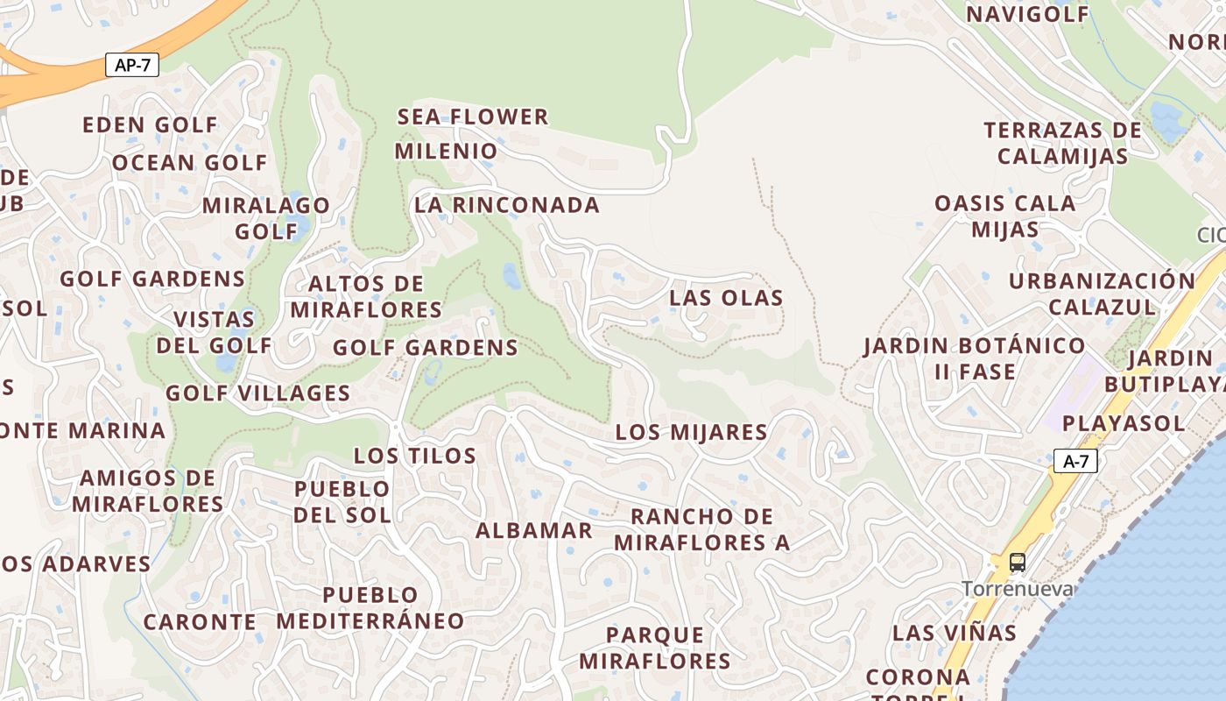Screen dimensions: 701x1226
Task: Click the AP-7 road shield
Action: click(x=132, y=65)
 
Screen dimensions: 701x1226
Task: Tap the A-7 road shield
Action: click(x=1075, y=461)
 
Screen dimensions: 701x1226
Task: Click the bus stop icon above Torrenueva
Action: click(x=1017, y=563)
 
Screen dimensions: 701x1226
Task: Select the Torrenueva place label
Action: click(x=1018, y=589)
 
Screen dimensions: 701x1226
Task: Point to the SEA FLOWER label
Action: click(x=473, y=117)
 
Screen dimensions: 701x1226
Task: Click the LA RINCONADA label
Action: click(x=507, y=205)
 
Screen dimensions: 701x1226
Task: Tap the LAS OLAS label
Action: click(x=726, y=298)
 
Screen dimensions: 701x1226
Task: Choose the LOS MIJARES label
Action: click(x=691, y=432)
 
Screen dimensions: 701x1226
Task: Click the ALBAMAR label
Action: click(x=534, y=531)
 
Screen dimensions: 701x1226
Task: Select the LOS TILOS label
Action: click(x=415, y=456)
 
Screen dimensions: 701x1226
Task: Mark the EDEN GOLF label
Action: click(x=150, y=125)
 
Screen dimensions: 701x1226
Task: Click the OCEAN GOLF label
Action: click(x=189, y=163)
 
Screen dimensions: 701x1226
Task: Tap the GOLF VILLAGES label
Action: click(x=258, y=393)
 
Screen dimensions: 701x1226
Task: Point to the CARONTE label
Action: click(x=200, y=622)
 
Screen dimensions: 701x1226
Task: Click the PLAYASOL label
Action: click(x=1124, y=423)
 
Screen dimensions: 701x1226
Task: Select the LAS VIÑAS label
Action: click(x=955, y=633)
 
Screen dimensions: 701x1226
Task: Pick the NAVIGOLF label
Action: click(x=1027, y=14)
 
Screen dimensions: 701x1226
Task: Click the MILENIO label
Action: click(x=446, y=151)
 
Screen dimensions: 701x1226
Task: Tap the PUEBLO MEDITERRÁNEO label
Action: click(x=370, y=608)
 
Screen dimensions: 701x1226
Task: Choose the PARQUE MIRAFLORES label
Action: click(x=655, y=648)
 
